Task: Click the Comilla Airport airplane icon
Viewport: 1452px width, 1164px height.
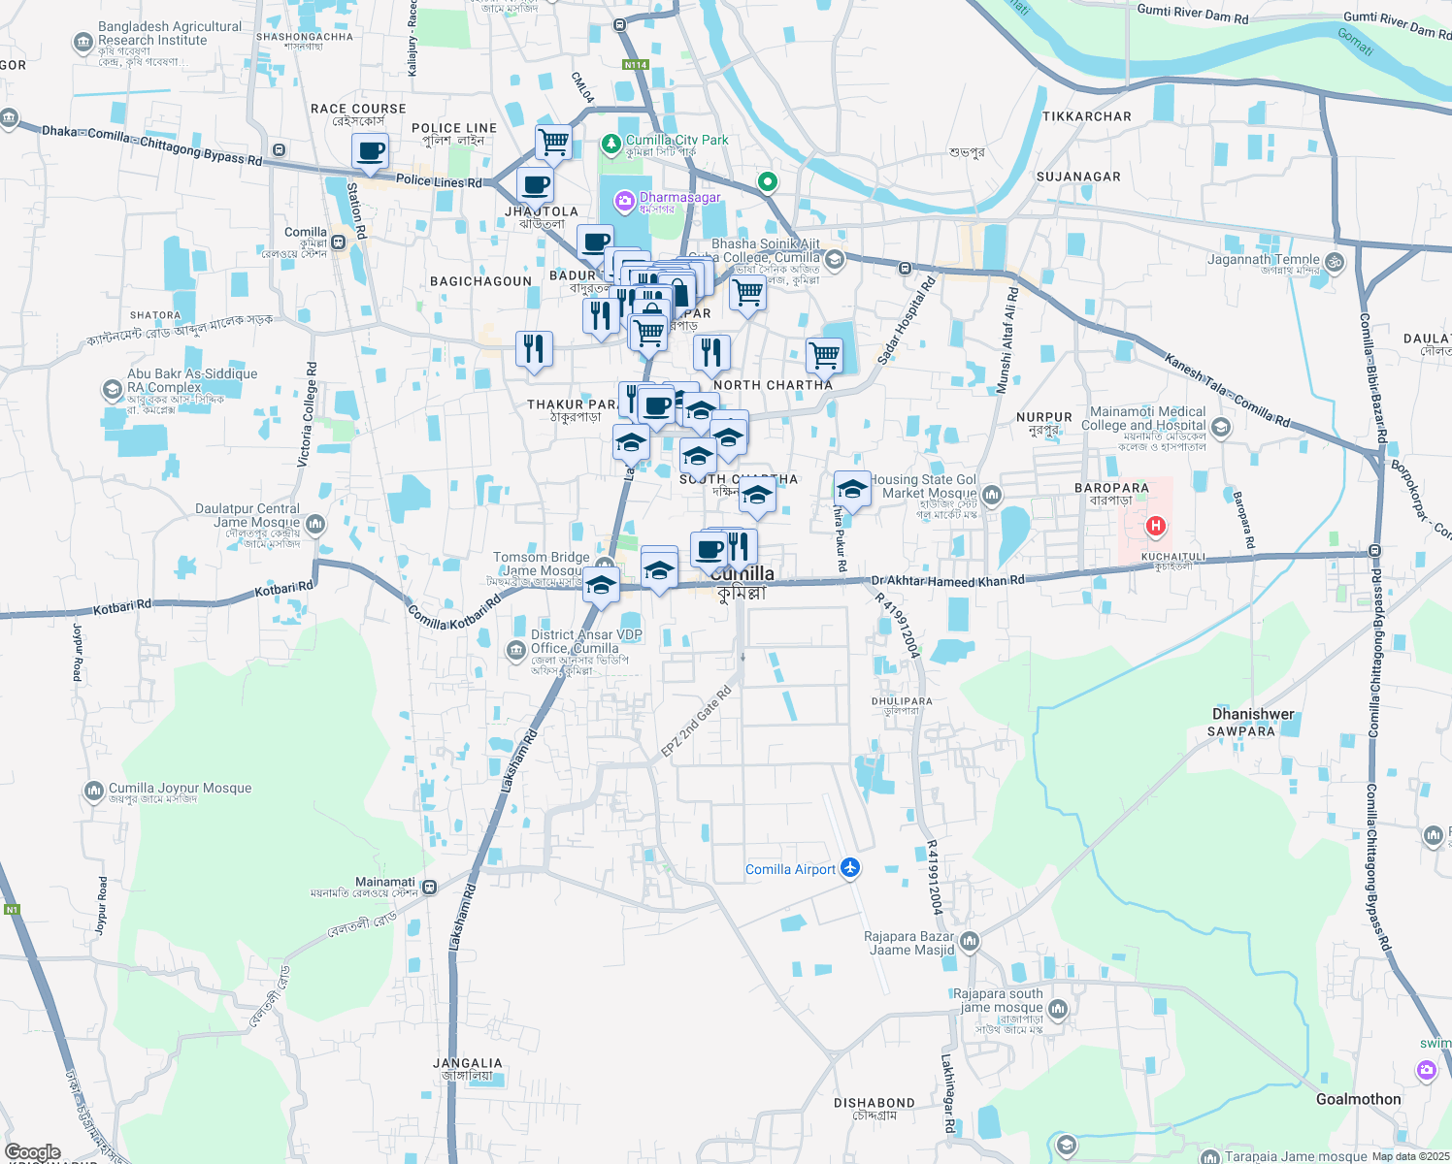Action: [851, 867]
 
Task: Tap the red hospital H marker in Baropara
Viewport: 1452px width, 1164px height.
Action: [1155, 527]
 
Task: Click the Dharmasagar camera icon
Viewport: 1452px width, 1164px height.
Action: [625, 201]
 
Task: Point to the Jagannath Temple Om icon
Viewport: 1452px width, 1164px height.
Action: [1335, 261]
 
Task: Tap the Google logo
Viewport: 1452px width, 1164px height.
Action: [33, 1152]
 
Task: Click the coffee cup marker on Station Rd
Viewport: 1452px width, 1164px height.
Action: [371, 151]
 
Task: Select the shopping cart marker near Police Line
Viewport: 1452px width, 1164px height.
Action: [553, 142]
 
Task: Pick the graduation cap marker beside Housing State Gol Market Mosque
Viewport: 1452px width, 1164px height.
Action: [852, 489]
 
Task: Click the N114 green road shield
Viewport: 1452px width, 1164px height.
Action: [635, 65]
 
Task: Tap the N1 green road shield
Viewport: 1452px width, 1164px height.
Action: [12, 910]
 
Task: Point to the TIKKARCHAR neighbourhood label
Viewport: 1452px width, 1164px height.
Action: [1086, 116]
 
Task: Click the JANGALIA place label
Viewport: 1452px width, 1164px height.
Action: [468, 1064]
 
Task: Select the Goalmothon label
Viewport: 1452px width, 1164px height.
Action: [1358, 1099]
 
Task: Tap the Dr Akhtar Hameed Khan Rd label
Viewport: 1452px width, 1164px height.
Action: [947, 581]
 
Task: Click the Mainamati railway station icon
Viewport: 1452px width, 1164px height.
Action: [429, 887]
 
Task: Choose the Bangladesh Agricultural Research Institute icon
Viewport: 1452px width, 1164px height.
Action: [82, 43]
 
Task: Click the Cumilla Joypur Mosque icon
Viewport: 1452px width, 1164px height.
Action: [94, 792]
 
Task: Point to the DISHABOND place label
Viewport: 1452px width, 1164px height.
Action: [874, 1103]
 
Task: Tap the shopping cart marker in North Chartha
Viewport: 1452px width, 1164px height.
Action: [824, 355]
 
